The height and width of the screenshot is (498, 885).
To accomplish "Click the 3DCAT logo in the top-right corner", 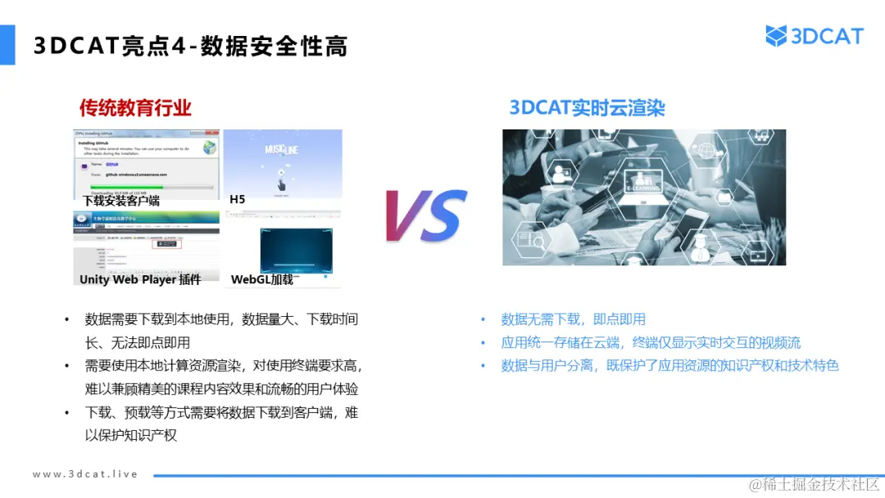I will tap(815, 36).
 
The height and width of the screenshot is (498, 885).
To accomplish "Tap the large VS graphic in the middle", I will tap(425, 215).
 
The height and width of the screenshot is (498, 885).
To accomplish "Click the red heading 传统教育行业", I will tap(135, 107).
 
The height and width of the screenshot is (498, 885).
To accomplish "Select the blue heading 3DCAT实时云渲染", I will tap(587, 107).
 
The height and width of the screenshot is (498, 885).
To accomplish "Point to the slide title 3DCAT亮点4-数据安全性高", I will tap(190, 47).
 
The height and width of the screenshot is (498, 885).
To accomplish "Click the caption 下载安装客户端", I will tap(121, 200).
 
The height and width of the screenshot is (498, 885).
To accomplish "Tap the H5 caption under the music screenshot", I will tap(238, 199).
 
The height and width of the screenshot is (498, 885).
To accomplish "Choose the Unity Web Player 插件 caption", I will tap(140, 279).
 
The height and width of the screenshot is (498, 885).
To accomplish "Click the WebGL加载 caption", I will tap(261, 279).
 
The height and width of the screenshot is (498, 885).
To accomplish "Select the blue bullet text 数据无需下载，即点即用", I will tap(573, 319).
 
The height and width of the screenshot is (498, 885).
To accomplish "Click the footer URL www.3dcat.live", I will tap(85, 474).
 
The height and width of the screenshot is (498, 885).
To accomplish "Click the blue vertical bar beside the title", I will tap(7, 44).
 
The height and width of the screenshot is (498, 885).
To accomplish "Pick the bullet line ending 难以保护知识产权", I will tap(221, 424).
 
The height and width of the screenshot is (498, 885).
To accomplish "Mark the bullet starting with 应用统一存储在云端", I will tap(651, 342).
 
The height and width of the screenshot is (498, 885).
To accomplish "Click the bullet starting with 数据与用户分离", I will tap(669, 365).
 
